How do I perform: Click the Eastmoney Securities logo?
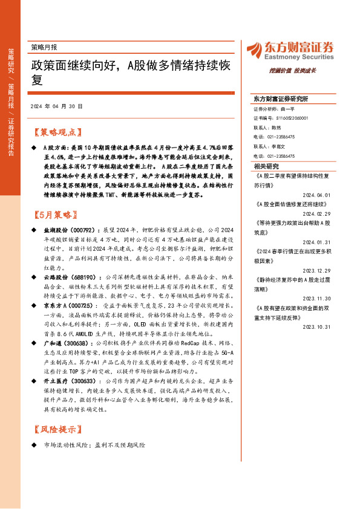click(x=290, y=50)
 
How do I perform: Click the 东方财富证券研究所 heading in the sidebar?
click(x=281, y=98)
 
